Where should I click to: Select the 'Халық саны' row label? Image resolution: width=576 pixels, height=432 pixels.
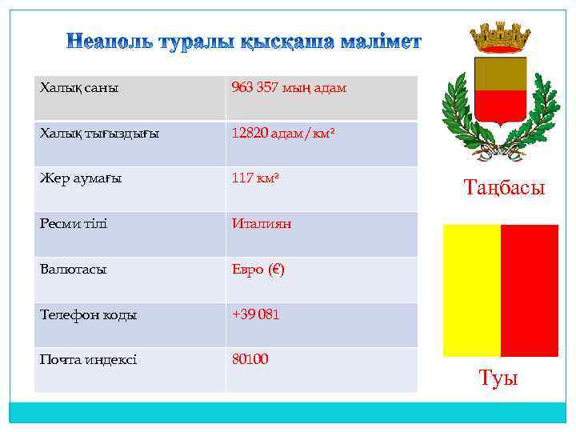[x=79, y=87]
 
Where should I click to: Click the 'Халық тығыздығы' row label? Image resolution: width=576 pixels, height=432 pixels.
[x=99, y=133]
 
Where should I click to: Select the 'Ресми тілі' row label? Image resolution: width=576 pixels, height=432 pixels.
[x=74, y=223]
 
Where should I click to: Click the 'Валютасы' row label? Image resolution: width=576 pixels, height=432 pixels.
[x=74, y=269]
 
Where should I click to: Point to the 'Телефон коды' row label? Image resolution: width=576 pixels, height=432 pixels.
[x=89, y=314]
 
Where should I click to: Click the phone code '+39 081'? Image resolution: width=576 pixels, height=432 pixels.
[x=255, y=314]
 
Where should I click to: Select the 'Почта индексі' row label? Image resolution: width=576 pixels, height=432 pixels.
[x=88, y=359]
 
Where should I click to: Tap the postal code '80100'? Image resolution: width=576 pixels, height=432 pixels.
[x=250, y=359]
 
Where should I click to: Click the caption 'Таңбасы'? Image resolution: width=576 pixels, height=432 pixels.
[x=504, y=188]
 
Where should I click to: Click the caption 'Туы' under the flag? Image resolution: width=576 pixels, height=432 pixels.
[x=498, y=378]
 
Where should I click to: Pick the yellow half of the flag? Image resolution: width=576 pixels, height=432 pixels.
[x=471, y=290]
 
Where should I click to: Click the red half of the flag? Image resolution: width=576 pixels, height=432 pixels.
[x=530, y=290]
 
